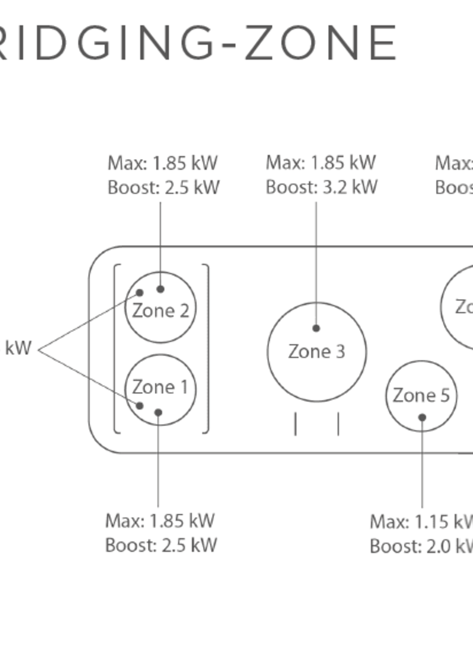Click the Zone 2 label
(160, 311)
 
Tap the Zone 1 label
(160, 387)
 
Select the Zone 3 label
(317, 352)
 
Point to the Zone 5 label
(421, 395)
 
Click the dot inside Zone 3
(316, 328)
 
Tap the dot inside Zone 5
(422, 418)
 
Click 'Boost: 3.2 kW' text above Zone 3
(322, 187)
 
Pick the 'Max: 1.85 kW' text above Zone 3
(321, 163)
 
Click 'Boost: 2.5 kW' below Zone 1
(161, 545)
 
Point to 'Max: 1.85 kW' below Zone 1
(160, 521)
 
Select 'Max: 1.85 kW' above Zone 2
(163, 163)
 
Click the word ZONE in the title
(320, 43)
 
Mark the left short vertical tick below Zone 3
(295, 424)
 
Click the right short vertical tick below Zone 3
(338, 424)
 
